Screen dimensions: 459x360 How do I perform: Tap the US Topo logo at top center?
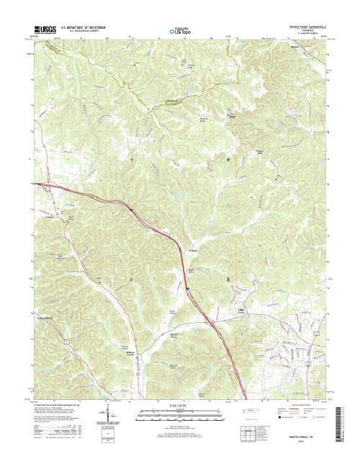tap(181, 31)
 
